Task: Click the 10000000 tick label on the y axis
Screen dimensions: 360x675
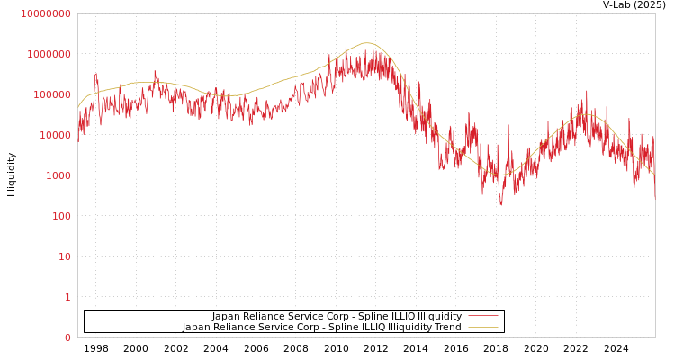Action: click(x=45, y=13)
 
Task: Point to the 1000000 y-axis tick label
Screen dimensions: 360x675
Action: click(x=49, y=54)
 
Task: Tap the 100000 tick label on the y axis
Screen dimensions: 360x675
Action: click(x=52, y=94)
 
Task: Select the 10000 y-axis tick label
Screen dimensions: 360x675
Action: click(x=55, y=135)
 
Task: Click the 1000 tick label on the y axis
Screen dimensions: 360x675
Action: click(x=58, y=175)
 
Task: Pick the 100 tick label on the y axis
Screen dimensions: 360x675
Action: click(x=61, y=216)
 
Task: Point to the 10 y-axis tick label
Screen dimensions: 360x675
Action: click(x=65, y=256)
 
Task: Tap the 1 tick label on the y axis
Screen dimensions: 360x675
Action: click(x=67, y=297)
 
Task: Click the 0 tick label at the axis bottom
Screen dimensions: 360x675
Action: click(x=67, y=337)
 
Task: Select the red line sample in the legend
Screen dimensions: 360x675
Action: click(x=483, y=317)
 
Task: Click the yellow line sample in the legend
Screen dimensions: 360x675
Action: click(x=483, y=328)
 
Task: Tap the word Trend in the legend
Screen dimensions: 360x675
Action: click(x=446, y=328)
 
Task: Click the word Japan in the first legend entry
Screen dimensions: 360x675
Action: click(x=227, y=317)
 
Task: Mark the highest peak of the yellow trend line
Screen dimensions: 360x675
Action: click(x=366, y=43)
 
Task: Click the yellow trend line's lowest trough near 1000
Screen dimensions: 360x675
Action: click(x=502, y=175)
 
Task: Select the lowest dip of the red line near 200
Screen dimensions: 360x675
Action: click(x=501, y=204)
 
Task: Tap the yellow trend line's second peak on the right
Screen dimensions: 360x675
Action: click(x=586, y=114)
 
